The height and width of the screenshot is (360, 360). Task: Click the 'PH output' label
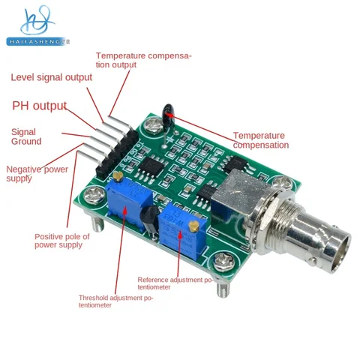pos(40,106)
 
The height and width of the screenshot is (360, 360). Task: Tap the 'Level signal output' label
pos(52,77)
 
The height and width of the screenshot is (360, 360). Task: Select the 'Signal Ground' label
pos(26,136)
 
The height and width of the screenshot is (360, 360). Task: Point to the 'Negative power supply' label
pos(37,173)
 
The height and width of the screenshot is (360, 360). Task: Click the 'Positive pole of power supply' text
pos(62,241)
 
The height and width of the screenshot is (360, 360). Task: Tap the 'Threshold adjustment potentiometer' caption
pos(115,301)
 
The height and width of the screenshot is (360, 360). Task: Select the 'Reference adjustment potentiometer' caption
pos(175,283)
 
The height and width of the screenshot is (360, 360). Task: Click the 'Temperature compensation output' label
pos(143,60)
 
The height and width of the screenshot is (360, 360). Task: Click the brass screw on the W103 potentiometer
pos(193,226)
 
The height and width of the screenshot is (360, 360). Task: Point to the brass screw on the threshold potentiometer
pos(118,176)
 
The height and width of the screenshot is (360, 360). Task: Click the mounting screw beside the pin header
pos(94,195)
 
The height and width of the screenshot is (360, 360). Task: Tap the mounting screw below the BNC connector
pos(224,262)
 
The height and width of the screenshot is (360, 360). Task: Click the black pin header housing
pos(117,154)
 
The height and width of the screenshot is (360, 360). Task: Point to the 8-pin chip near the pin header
pos(151,166)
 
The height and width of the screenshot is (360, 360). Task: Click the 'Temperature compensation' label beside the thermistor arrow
pos(261,140)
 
